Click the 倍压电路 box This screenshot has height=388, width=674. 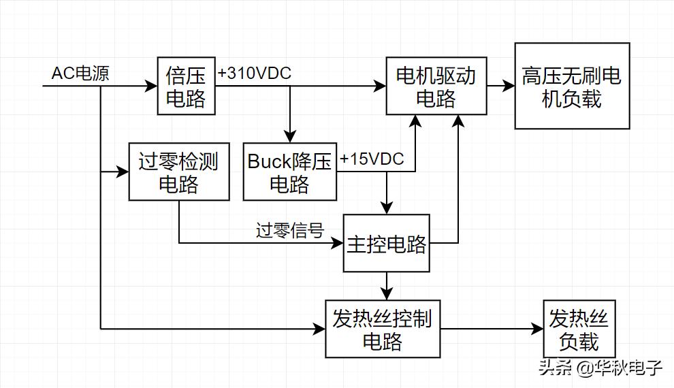186,86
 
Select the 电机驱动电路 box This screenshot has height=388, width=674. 436,86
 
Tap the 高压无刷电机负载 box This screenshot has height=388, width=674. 572,86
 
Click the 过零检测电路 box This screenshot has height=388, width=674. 179,172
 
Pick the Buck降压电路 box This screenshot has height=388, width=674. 290,172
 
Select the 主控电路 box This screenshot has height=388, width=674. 387,244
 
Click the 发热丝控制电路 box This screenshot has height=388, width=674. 382,329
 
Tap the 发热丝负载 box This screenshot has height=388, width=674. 579,329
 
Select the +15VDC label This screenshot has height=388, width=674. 372,159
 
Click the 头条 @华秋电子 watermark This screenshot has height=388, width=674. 600,368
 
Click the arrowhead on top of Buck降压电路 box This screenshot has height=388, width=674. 290,136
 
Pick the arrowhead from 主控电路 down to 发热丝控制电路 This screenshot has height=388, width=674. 387,294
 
